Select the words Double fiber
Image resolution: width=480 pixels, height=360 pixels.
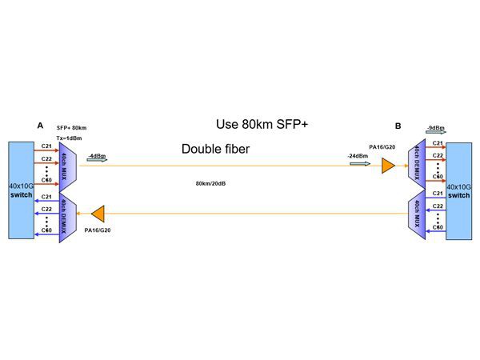tap(216, 149)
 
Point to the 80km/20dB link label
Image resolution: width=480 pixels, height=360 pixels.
tap(210, 183)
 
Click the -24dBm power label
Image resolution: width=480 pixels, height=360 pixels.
tap(358, 156)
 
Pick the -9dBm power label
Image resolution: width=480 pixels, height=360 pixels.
tap(436, 127)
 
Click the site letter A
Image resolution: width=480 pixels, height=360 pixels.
tap(40, 125)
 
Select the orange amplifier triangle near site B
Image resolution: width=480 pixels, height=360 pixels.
tap(388, 166)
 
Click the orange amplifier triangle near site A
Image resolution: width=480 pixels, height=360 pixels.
tap(99, 214)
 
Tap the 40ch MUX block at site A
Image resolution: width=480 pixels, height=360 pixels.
tap(66, 166)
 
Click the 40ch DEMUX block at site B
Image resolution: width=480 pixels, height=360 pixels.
tap(417, 166)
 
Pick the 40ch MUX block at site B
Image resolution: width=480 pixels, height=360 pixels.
tap(417, 213)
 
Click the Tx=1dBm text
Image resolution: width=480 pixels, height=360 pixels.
tap(70, 138)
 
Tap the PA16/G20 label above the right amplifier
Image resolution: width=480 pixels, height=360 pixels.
tap(381, 146)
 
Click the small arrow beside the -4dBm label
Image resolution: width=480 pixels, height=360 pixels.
tap(95, 161)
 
